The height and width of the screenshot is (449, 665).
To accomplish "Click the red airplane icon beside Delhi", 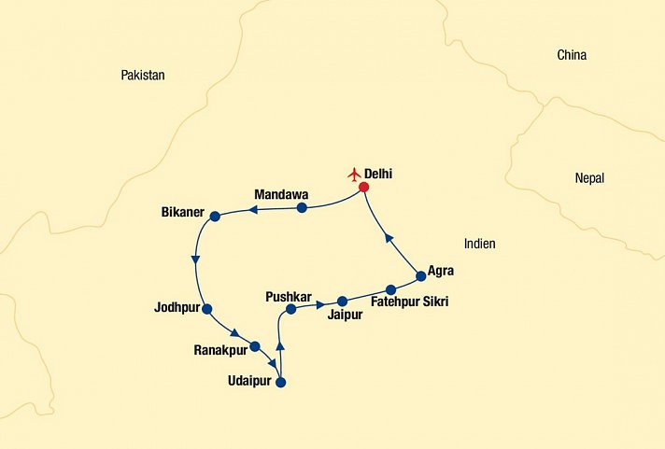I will pos(353,174).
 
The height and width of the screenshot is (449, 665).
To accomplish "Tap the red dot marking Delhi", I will pos(364,187).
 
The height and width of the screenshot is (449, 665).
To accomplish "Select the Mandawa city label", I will pos(281,195).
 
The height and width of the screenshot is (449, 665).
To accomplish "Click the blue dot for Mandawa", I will pos(302,207).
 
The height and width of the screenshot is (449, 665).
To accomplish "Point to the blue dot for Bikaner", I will pos(215,217).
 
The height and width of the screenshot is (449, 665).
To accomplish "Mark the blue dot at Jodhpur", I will pos(206,309).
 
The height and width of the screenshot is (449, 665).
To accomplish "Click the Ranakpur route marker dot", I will pos(254,345).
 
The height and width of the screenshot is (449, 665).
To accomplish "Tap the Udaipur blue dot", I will pos(280,382).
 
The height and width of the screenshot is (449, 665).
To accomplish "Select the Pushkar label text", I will pos(290,296).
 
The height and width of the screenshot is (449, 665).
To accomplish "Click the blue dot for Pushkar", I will pos(290,309).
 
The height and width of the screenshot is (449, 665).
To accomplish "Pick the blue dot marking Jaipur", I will pos(342,301).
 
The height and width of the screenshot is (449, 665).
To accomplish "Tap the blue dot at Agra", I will pos(420,275).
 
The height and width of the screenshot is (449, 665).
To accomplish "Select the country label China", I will pos(572,55).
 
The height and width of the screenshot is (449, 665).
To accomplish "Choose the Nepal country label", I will pos(589,178).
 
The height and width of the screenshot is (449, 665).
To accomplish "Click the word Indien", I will pos(479,244).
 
